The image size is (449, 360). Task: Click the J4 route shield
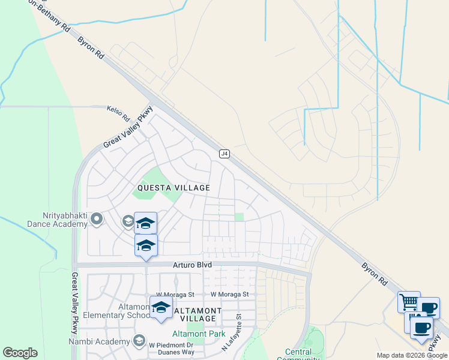point(224,154)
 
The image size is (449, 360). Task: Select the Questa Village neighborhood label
point(173,188)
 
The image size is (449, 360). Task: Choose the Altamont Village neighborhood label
point(197,314)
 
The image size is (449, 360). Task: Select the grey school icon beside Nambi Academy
point(139,341)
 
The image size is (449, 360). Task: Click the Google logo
point(20,353)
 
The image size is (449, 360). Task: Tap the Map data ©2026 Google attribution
point(412,355)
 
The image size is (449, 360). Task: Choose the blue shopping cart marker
point(409,302)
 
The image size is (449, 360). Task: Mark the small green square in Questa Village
point(240,217)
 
